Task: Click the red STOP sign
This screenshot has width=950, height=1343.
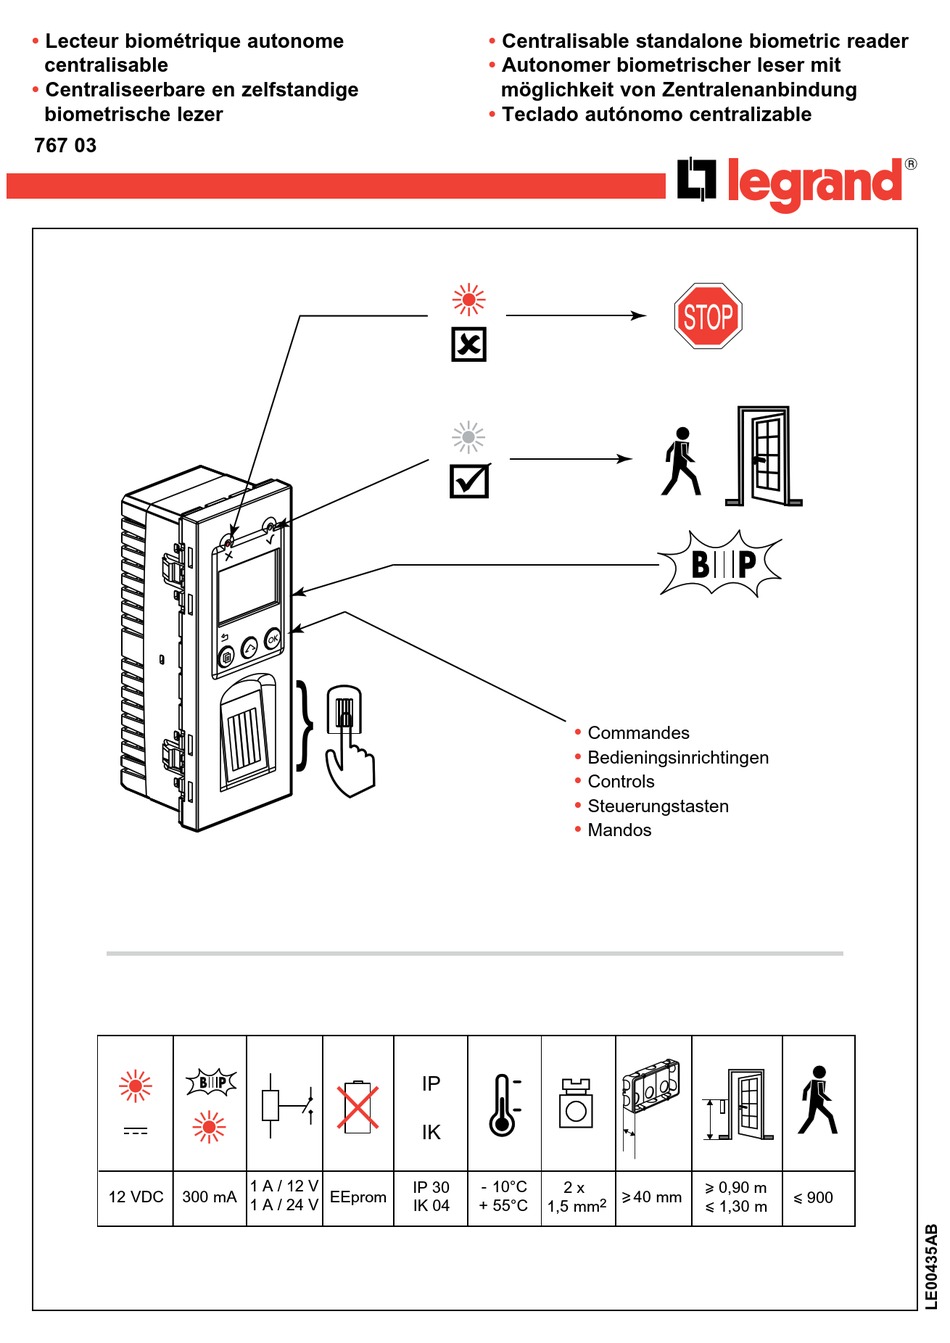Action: click(708, 316)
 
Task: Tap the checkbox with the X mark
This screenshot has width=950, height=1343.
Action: click(468, 344)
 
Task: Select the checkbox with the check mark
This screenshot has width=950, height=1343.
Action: click(468, 480)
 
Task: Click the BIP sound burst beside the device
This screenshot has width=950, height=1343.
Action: click(720, 564)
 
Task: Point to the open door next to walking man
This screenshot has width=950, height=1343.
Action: click(765, 456)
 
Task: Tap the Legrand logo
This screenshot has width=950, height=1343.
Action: click(795, 183)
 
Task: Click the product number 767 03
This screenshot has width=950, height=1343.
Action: click(65, 145)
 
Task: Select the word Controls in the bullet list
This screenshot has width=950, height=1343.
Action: click(620, 782)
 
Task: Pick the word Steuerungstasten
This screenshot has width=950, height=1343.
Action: click(657, 806)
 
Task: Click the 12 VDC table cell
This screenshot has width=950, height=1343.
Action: click(135, 1197)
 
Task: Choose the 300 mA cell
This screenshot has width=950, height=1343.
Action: click(209, 1197)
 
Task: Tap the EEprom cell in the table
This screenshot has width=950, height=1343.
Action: click(358, 1197)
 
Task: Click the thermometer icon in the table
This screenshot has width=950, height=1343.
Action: click(503, 1105)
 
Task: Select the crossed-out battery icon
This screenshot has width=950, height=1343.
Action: click(358, 1107)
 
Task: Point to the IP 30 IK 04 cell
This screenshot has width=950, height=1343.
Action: click(431, 1197)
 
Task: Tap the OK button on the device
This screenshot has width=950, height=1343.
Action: click(273, 640)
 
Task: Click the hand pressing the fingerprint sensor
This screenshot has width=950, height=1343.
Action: click(348, 740)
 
